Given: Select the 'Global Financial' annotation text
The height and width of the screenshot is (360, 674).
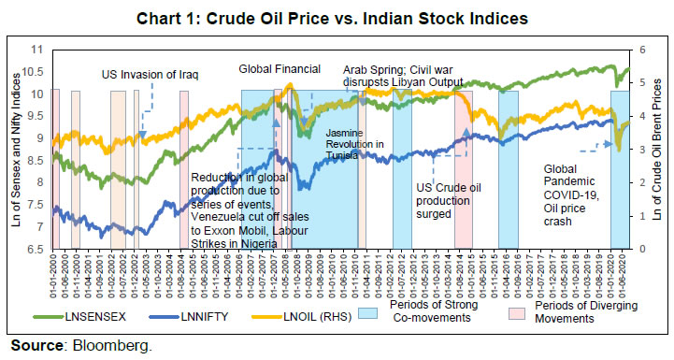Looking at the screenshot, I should click(x=280, y=69).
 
